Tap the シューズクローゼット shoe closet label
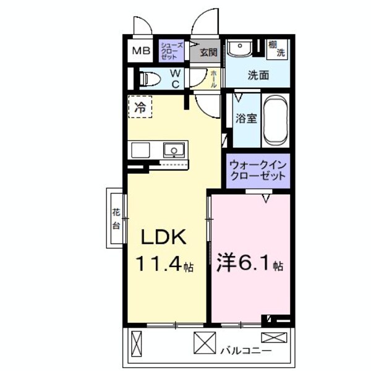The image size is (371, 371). coord(170,51)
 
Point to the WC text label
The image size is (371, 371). coord(175,78)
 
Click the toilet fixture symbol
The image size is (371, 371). coord(148,79)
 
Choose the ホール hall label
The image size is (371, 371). coord(214,79)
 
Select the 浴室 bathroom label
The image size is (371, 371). coord(245,119)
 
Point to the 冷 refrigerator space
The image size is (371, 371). coord(140,106)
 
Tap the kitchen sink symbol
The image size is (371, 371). coord(173,149)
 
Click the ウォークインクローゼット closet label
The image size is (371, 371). coord(257,170)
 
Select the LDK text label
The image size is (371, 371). coord(164,237)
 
